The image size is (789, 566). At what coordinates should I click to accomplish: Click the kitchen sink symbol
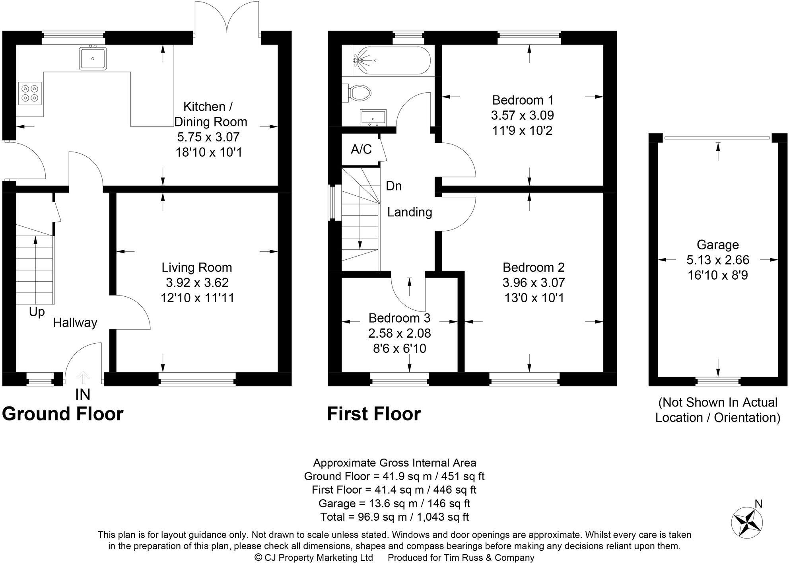(x=93, y=58)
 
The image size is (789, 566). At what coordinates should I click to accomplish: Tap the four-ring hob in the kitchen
(x=30, y=93)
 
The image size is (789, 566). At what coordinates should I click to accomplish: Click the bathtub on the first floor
(x=391, y=61)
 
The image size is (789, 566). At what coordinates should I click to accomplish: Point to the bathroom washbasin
(x=373, y=118)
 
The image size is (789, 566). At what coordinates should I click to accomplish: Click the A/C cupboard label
(x=361, y=149)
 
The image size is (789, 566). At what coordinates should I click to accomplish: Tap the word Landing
(x=410, y=212)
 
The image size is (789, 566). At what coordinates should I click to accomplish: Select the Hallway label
(x=75, y=323)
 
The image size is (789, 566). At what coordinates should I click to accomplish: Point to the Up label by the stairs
(x=37, y=312)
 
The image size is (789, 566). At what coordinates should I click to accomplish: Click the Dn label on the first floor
(x=394, y=186)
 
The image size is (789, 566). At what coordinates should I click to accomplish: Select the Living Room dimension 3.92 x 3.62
(x=197, y=282)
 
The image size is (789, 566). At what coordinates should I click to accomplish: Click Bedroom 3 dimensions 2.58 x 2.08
(x=399, y=333)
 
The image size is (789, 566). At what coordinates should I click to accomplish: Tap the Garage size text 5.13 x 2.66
(x=717, y=260)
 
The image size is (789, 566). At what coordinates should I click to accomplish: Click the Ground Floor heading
(x=63, y=414)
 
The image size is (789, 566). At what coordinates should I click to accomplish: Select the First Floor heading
(x=373, y=414)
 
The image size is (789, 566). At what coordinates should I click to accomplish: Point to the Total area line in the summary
(x=394, y=517)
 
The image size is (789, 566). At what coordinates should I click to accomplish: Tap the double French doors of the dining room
(x=227, y=18)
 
